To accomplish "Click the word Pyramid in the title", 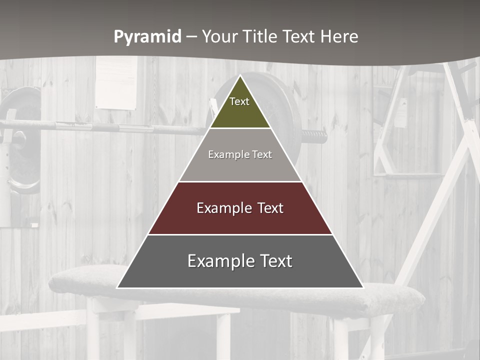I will coord(147,37).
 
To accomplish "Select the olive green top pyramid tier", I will coord(240,112).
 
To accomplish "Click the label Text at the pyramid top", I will coord(239,101).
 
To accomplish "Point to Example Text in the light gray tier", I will coord(240,154).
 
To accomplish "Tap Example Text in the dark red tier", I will coord(240,208).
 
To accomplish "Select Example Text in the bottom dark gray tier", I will coord(240,261).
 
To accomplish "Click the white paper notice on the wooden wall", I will coord(116,82).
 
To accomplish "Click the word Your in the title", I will coord(220,36).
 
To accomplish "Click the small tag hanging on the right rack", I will coord(400,112).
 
